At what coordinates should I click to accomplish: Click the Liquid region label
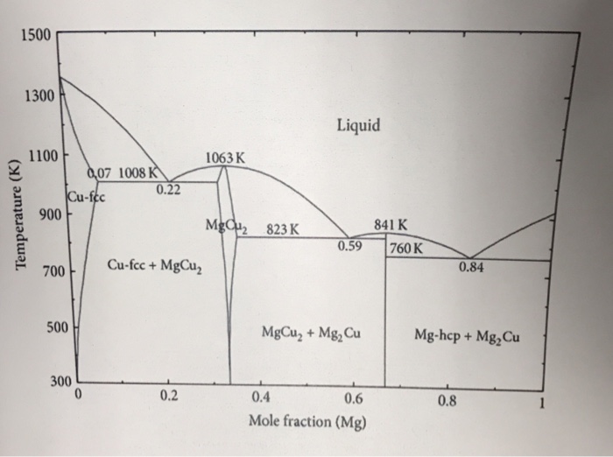pos(358,126)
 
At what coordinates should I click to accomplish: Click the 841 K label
pos(390,224)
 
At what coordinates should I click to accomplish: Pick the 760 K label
pos(407,247)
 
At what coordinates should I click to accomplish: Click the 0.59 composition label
pos(351,246)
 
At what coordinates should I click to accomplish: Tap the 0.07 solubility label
pos(100,172)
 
